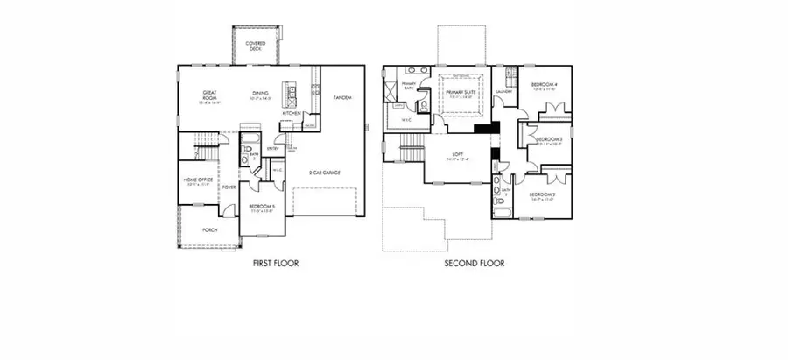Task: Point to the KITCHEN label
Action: click(x=292, y=113)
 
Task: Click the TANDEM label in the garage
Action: click(x=342, y=97)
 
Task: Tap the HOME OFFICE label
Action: click(x=199, y=180)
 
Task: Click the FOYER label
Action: click(x=228, y=187)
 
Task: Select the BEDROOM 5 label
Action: click(x=262, y=207)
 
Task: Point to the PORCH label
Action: click(x=210, y=230)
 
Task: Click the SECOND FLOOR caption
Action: click(x=474, y=263)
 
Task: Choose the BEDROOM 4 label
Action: click(x=544, y=83)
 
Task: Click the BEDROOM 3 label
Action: click(x=548, y=139)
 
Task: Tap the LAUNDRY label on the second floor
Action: click(x=503, y=91)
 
